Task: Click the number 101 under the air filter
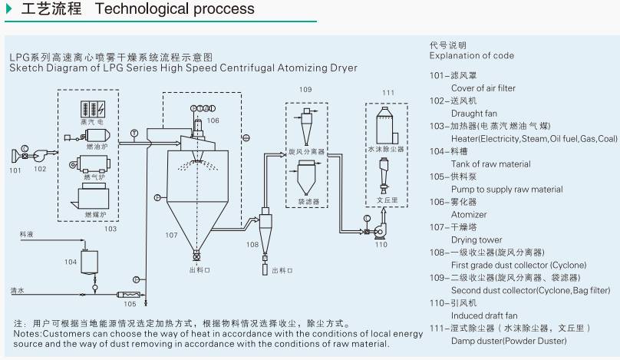tap(15, 170)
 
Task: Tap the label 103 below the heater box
tap(110, 228)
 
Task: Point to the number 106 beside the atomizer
tap(213, 121)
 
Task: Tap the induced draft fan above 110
tap(381, 229)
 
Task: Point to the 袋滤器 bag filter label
tap(308, 202)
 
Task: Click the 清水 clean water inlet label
tap(28, 290)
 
